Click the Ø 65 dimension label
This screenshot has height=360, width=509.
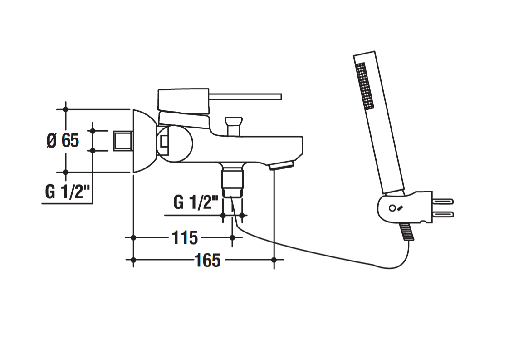coord(63,141)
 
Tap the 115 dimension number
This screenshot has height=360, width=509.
coord(185,238)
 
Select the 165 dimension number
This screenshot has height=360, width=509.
coord(207,260)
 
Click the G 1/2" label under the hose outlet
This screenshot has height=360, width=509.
coord(196,202)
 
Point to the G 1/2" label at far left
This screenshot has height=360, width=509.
coord(67,192)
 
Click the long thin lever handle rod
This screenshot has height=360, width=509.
coord(245,97)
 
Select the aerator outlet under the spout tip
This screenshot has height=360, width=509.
coord(281,166)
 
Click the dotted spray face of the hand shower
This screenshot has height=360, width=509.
coord(365,86)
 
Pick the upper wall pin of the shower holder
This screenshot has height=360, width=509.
coord(443,202)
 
